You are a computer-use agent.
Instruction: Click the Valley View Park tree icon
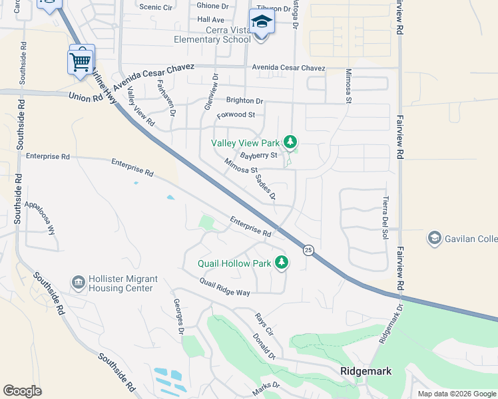coord(290,142)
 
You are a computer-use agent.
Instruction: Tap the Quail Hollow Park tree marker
coord(282,263)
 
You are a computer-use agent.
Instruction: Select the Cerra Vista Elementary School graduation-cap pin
coord(262,23)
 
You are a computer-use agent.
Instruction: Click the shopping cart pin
coord(81,62)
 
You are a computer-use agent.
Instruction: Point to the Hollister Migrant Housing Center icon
coord(79,283)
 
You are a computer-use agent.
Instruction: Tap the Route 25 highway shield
coord(308,250)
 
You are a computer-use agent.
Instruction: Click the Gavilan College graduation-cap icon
coord(435,238)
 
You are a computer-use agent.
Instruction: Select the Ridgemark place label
coord(365,371)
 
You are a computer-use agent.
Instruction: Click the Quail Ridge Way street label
coord(224,287)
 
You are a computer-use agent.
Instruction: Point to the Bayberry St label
coord(258,156)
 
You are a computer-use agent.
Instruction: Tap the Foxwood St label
coord(236,115)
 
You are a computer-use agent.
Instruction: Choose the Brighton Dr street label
coord(244,100)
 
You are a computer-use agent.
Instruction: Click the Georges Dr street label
coord(178,317)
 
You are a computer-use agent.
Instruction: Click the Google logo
coord(22,390)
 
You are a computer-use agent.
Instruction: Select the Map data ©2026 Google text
coord(456,394)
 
